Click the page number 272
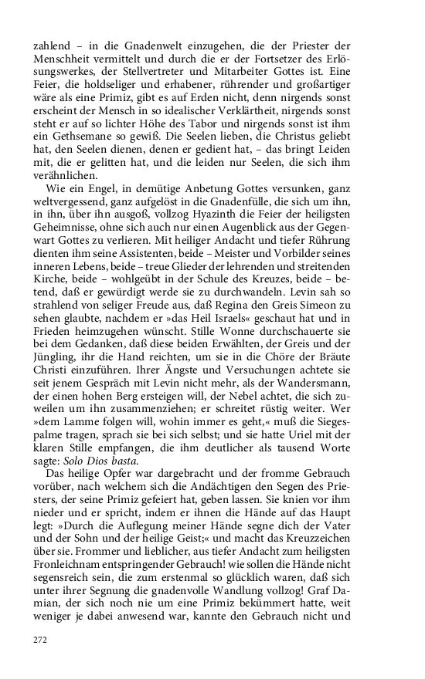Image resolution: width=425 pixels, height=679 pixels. coord(40,640)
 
